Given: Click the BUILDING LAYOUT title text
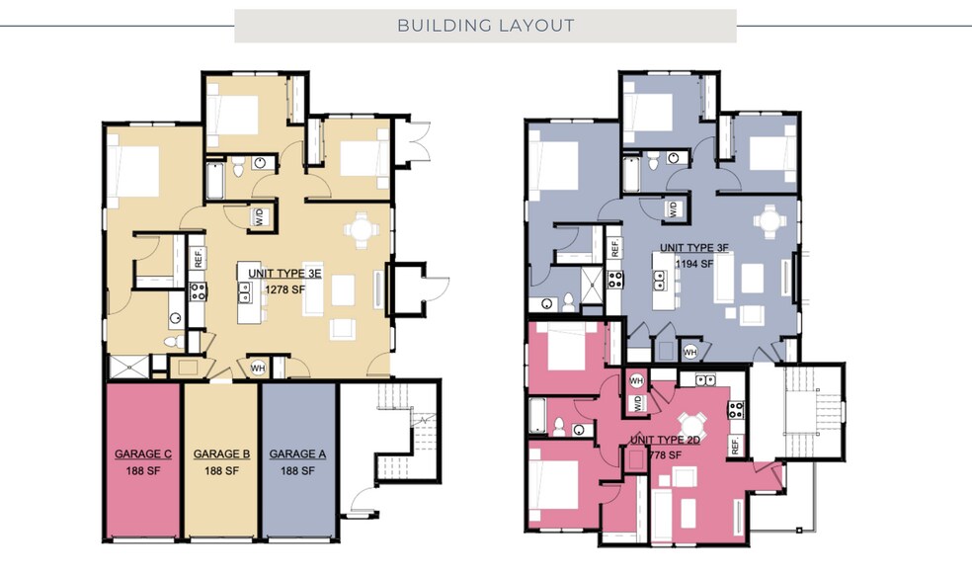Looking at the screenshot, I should click(485, 26).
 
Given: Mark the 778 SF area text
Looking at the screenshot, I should click(668, 455).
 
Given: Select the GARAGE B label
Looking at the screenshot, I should click(221, 454).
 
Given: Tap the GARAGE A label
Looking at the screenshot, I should click(298, 454).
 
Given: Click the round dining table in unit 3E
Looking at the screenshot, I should click(359, 231).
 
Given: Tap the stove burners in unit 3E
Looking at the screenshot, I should click(197, 289).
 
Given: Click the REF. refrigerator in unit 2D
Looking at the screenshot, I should click(736, 447).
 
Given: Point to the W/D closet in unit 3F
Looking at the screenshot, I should click(673, 209).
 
